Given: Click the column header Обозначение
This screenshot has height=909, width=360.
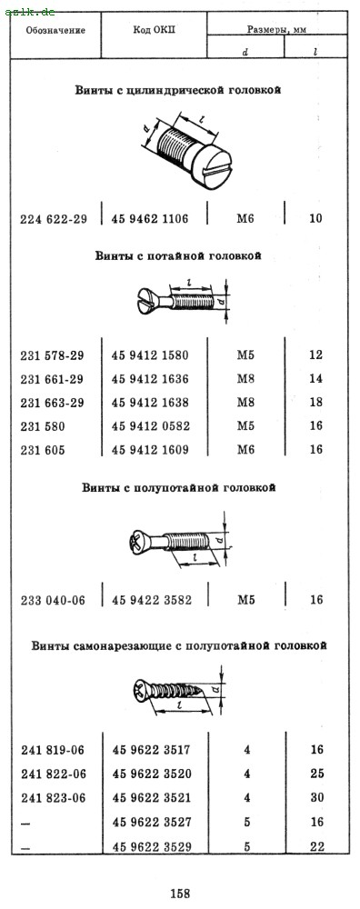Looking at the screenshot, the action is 55,31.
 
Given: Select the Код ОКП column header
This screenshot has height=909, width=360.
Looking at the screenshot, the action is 154,30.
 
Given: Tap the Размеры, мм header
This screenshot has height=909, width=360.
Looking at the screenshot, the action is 276,30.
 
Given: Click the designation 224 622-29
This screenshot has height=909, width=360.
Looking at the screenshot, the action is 54,219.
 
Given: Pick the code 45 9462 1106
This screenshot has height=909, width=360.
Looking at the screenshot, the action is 150,218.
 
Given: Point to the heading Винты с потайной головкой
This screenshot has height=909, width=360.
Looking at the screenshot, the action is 178,256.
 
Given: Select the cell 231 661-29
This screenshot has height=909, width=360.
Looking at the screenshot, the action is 52,379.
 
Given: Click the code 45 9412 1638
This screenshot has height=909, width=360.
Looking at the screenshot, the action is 150,403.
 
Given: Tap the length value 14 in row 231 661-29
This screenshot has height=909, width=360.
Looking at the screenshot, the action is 316,378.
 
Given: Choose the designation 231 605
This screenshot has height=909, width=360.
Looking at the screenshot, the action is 43,450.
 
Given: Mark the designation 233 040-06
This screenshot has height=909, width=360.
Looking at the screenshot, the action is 53,601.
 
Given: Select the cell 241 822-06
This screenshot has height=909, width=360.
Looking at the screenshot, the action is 54,774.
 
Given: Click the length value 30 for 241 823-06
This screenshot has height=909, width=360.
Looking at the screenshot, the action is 317,797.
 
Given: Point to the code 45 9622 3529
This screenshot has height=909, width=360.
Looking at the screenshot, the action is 152,846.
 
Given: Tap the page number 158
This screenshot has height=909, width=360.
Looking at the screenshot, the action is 180,894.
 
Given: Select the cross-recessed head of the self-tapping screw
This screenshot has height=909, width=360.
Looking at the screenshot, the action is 141,691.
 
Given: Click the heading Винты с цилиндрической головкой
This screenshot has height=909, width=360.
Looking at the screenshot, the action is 178,90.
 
